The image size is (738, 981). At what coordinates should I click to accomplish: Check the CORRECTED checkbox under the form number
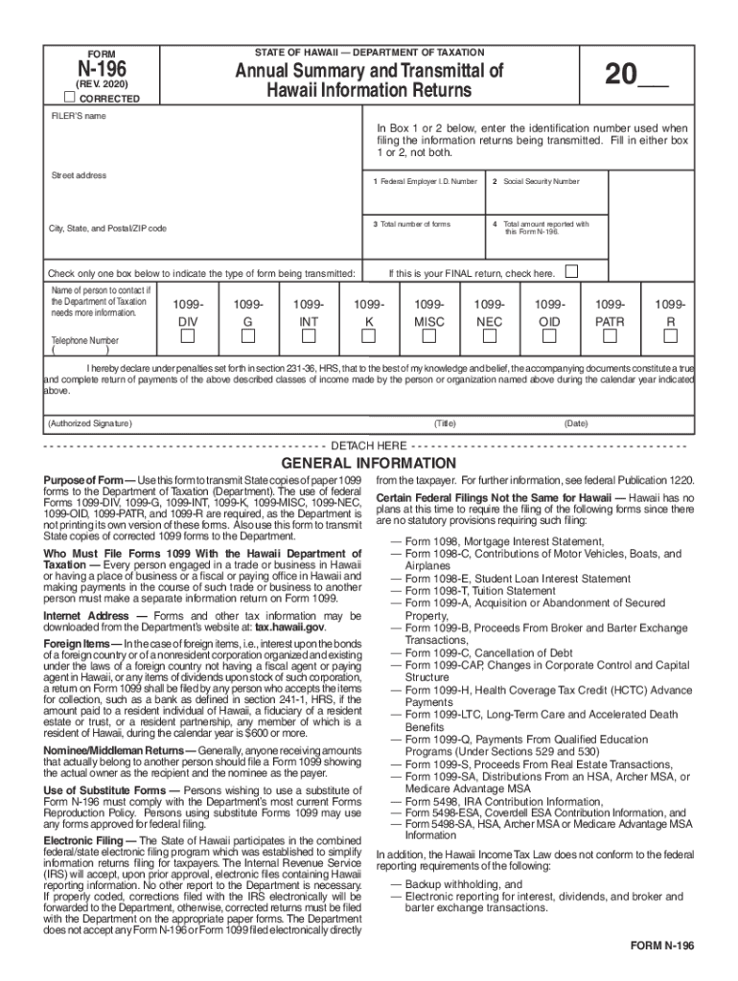(70, 99)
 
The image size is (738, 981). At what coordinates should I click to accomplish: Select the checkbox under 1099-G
(247, 336)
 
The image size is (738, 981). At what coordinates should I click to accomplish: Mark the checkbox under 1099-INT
(309, 336)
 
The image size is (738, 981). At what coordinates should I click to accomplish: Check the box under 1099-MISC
(428, 336)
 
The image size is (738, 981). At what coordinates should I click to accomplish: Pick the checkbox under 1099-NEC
(489, 336)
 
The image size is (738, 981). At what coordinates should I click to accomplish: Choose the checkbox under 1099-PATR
(610, 336)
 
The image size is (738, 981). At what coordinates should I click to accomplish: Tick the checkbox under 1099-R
(670, 336)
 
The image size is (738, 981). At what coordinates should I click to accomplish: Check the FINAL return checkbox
(571, 272)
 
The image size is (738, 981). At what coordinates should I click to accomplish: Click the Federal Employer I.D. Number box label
(426, 181)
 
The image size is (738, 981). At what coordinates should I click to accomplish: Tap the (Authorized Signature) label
(90, 422)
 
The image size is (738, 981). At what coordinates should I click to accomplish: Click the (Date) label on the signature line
(576, 422)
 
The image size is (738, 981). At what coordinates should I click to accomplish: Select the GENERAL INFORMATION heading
(369, 464)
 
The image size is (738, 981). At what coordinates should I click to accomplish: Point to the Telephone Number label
(84, 340)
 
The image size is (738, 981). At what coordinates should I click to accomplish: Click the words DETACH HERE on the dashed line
(368, 446)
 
